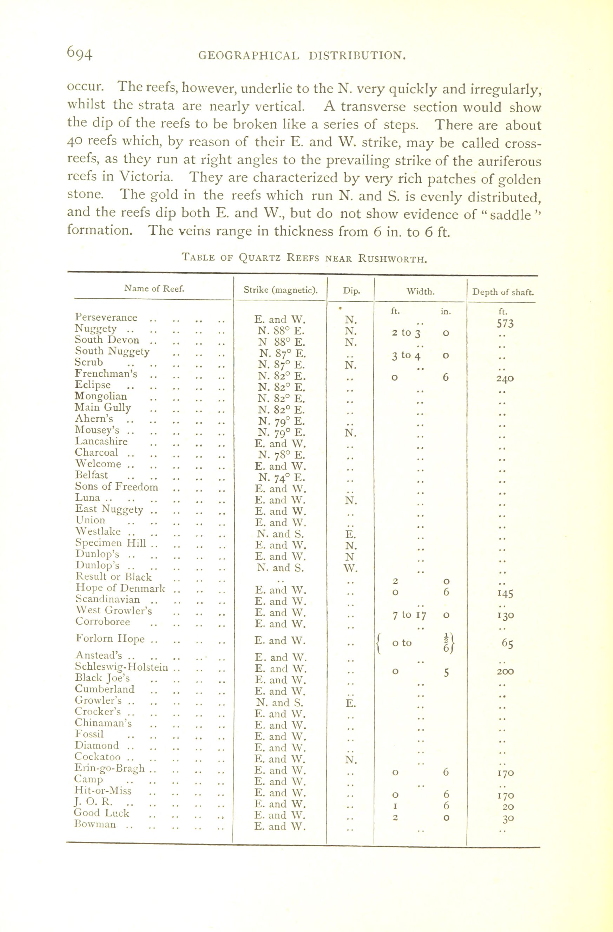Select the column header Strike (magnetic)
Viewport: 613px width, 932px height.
pos(280,290)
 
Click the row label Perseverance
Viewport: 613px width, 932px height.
pos(106,317)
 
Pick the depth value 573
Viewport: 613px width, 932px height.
pos(505,324)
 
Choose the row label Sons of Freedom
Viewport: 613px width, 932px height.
pos(117,487)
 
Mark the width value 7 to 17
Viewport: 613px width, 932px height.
pos(409,615)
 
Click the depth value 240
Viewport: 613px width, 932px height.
pos(505,379)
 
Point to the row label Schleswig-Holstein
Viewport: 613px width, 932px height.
pos(121,667)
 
